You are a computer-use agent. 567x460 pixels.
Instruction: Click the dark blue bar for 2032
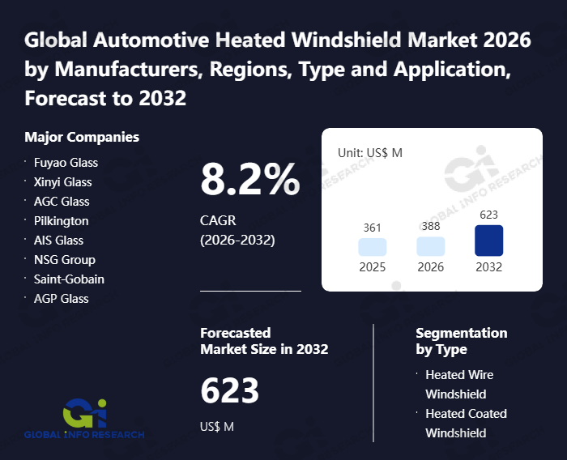pos(488,241)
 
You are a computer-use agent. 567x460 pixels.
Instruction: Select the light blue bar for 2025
pos(372,247)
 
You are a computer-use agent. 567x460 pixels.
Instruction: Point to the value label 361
pos(372,228)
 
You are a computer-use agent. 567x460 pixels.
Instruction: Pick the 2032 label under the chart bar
pos(488,267)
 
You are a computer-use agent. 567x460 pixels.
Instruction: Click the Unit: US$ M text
pos(370,152)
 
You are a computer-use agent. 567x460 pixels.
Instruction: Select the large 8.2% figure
pos(249,180)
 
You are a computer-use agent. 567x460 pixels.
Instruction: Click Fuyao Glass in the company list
pos(66,163)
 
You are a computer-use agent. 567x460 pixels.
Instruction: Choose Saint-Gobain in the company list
pos(69,279)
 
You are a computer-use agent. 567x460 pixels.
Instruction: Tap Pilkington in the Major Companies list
pos(61,221)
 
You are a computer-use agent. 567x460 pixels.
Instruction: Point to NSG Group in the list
pos(64,260)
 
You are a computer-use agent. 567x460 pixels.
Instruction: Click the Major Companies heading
pos(82,137)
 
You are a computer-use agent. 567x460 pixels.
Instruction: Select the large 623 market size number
pos(229,391)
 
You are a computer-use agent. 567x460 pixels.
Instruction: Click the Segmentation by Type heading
pos(461,341)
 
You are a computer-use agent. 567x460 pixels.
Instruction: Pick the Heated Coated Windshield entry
pos(466,423)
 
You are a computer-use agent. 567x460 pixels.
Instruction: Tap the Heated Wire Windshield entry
pos(459,384)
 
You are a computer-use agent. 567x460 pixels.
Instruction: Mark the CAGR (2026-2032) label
pos(237,230)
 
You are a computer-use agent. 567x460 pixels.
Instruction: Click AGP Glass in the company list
pos(61,299)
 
